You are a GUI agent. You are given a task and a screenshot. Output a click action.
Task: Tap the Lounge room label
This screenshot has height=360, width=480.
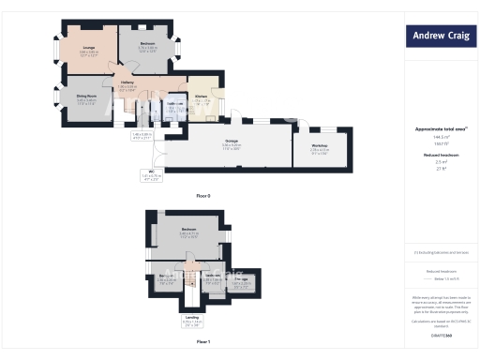(89, 48)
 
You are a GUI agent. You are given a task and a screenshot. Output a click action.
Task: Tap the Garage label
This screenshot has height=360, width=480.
(231, 142)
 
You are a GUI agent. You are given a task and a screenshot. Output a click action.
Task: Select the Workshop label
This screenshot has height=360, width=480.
(321, 145)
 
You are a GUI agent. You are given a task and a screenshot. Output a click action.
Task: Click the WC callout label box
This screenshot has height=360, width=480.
(151, 174)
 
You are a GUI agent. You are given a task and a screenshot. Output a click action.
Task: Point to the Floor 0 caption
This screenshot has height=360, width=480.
(203, 195)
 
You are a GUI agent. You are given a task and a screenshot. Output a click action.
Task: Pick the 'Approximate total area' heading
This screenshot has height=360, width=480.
(440, 128)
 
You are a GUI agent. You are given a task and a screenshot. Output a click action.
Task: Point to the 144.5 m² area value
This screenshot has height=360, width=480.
(440, 136)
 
